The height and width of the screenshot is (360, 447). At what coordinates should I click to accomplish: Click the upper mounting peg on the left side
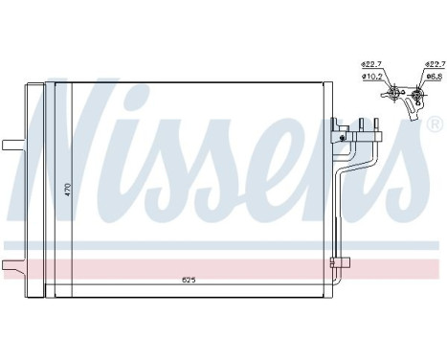[x=11, y=146]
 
